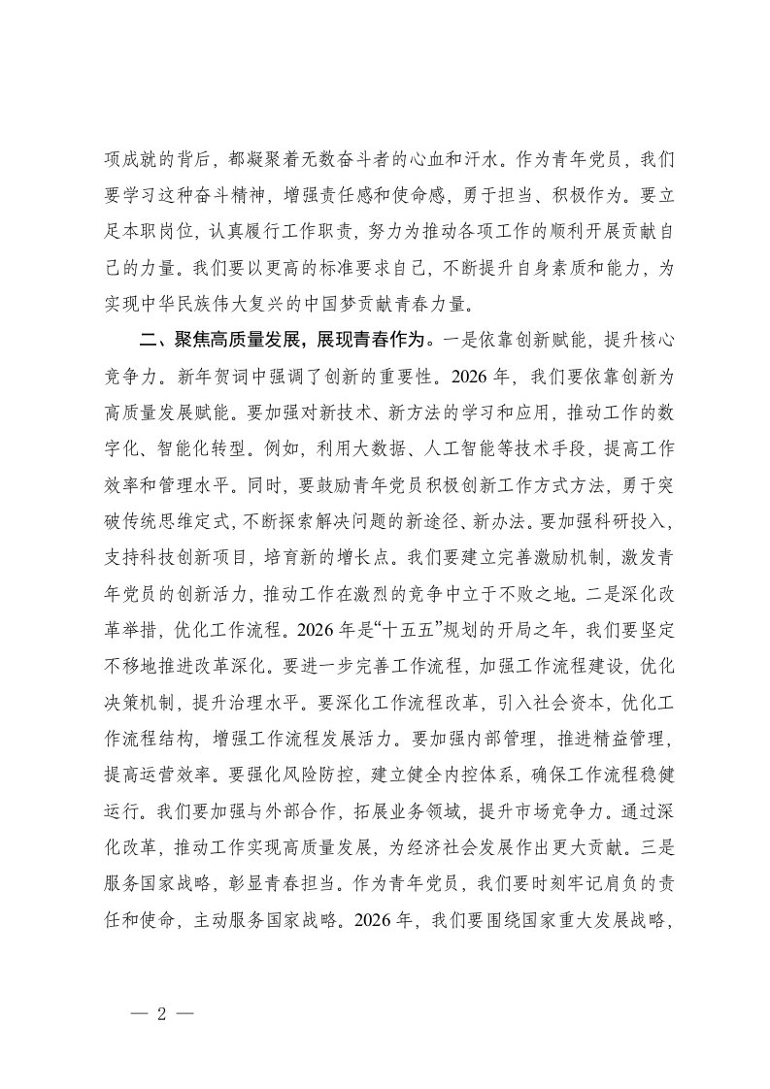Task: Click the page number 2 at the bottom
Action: click(x=162, y=1011)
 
